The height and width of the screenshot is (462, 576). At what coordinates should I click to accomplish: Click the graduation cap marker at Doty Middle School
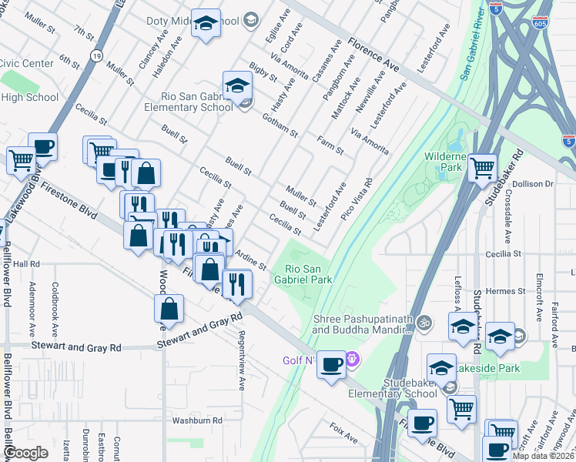[x=206, y=25]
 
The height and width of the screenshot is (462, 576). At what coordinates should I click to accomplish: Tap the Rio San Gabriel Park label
[x=308, y=274]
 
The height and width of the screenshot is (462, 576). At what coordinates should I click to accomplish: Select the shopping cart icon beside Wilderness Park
[x=482, y=166]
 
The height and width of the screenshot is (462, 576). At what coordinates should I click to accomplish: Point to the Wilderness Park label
[x=445, y=161]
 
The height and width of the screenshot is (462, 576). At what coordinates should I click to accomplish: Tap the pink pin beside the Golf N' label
[x=353, y=358]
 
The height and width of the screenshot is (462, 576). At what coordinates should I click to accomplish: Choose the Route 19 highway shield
[x=96, y=55]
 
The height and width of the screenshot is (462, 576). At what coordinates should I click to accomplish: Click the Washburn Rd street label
[x=196, y=421]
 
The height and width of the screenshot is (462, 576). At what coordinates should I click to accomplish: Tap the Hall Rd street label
[x=25, y=263]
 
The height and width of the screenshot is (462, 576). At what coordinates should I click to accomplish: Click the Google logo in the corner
[x=25, y=453]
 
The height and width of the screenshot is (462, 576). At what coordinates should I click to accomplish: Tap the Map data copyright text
[x=543, y=456]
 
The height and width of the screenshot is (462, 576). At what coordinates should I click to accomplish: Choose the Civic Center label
[x=27, y=63]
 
